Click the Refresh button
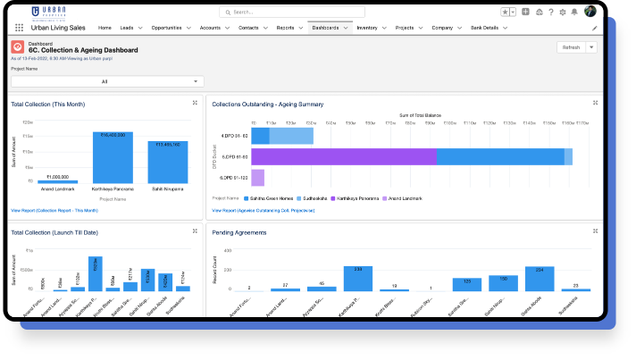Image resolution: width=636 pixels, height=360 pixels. pos(571,47)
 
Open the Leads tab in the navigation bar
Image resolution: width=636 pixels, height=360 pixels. pos(129,28)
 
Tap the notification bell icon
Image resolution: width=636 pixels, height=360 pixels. pos(574,12)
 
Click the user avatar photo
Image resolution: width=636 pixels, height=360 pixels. pos(590,12)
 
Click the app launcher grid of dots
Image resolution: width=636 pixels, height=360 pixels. pos(19,28)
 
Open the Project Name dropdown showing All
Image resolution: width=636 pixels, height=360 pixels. pos(107,81)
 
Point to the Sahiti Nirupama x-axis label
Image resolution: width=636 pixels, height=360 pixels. pos(167,188)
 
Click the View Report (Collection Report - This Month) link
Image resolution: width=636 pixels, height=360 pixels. pos(54,210)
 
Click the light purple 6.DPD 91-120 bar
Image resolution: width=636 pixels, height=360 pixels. pos(257,177)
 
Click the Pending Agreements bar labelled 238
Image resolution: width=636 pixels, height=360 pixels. pos(357,280)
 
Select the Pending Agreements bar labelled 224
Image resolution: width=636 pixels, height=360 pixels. pos(539,280)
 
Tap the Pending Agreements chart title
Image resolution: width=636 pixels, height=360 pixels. pos(238,232)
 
